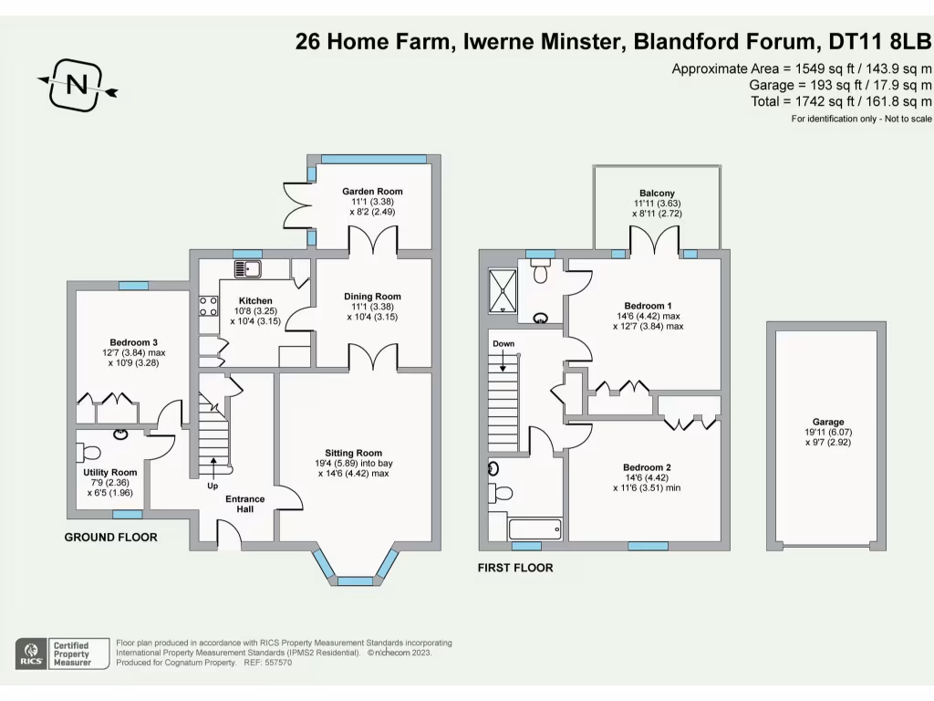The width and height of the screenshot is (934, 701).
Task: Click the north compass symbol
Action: click(78, 85)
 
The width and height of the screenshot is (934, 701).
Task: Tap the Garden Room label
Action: click(372, 192)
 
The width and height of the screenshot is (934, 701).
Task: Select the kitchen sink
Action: click(247, 268)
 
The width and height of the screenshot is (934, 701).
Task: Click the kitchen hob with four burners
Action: click(207, 308)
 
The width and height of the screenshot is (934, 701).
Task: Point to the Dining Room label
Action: click(372, 297)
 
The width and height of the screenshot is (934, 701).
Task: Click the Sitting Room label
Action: click(354, 453)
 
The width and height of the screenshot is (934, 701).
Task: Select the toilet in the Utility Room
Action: click(91, 453)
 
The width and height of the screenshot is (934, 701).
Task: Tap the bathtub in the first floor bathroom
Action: click(534, 528)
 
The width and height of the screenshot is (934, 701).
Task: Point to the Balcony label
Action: click(657, 193)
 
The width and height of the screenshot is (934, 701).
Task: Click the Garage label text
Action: click(827, 423)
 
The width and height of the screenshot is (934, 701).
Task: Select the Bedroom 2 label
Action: click(648, 467)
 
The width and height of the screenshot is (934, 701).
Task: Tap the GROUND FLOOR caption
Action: click(110, 538)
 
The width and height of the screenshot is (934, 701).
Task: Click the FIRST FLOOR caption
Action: click(515, 568)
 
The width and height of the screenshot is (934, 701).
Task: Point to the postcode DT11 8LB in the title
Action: click(879, 41)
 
